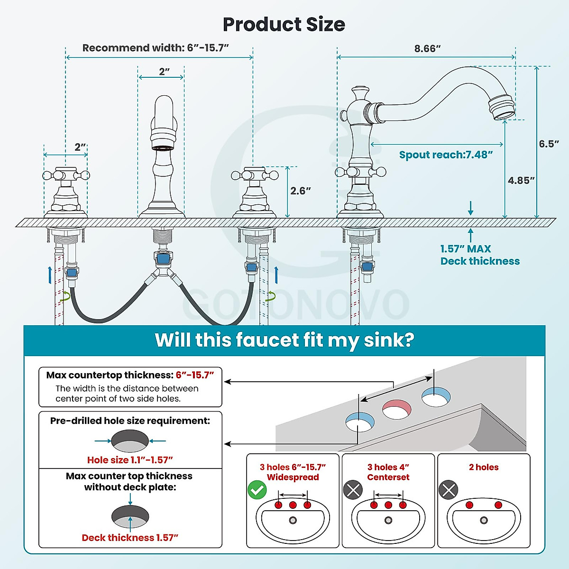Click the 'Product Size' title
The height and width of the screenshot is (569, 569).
point(284,25)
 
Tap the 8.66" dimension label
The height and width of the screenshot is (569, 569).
point(427,48)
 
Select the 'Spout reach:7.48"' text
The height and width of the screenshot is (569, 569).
point(446,155)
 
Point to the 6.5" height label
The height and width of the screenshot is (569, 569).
point(549,144)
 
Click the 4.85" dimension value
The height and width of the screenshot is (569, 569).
point(521,180)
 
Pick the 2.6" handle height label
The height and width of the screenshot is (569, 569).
point(301,191)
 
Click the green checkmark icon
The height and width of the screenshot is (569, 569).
point(257,490)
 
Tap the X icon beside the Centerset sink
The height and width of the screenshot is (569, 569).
point(353,490)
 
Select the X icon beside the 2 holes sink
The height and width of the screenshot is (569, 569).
point(449,490)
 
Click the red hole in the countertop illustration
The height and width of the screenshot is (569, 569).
point(397,409)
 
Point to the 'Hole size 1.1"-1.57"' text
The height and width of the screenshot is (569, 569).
point(130,460)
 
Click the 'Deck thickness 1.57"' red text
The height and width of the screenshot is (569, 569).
point(130,538)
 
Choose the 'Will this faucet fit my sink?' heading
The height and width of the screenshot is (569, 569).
point(284,340)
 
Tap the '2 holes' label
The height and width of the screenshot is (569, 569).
point(484,467)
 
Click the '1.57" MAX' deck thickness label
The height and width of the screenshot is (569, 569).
point(466,249)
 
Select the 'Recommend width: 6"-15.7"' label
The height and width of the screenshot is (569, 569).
point(156,48)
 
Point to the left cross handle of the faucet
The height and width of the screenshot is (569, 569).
point(66,175)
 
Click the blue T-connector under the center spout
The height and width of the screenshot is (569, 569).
point(163,259)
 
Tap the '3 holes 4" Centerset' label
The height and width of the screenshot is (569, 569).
point(388,472)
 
